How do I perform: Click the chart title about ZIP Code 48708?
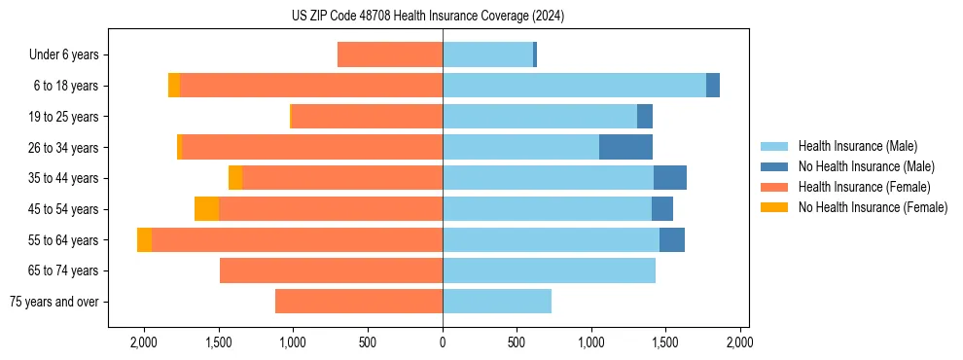[x=428, y=17]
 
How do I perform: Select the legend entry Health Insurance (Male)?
[x=857, y=146]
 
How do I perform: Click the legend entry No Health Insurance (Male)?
[x=866, y=166]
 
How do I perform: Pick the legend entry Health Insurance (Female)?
[x=864, y=187]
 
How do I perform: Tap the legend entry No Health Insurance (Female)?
[x=873, y=207]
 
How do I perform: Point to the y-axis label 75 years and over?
[x=53, y=302]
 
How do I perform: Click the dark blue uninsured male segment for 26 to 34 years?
[x=625, y=148]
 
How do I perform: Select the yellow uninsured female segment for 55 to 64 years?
[x=144, y=240]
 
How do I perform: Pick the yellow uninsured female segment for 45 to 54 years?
[x=206, y=209]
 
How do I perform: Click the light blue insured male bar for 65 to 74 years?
[x=549, y=270]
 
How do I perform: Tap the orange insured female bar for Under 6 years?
[x=390, y=55]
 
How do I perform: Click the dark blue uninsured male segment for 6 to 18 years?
[x=713, y=86]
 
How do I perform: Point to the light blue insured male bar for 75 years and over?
[x=497, y=302]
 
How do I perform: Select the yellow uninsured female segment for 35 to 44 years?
[x=235, y=178]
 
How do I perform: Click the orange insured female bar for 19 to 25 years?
[x=368, y=117]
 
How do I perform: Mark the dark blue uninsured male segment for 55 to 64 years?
[x=672, y=240]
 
